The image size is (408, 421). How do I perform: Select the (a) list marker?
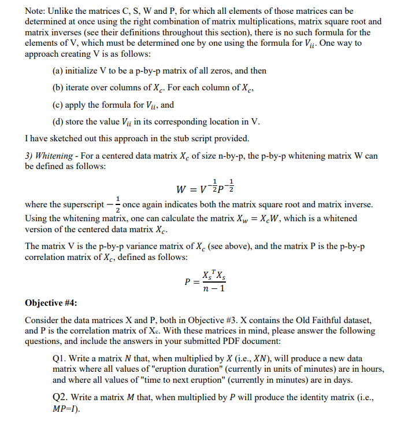tap(58, 71)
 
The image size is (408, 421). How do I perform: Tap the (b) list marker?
tap(58, 88)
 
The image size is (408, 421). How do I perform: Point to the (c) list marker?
tap(58, 105)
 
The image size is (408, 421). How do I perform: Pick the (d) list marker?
tap(58, 122)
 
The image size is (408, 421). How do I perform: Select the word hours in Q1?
tap(373, 369)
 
